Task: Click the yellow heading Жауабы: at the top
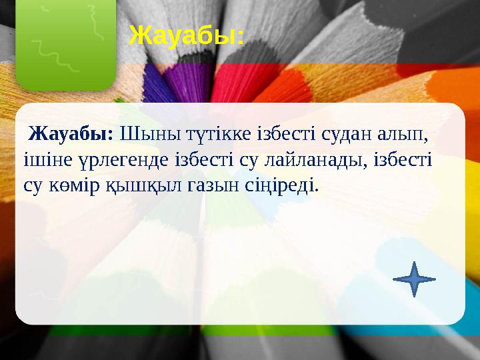click(x=186, y=35)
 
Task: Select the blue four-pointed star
click(x=415, y=279)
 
